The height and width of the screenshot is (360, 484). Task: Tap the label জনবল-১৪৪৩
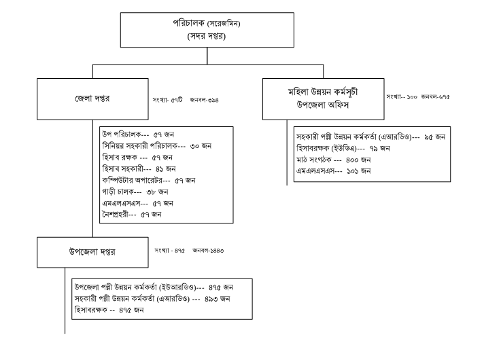[208, 251]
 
